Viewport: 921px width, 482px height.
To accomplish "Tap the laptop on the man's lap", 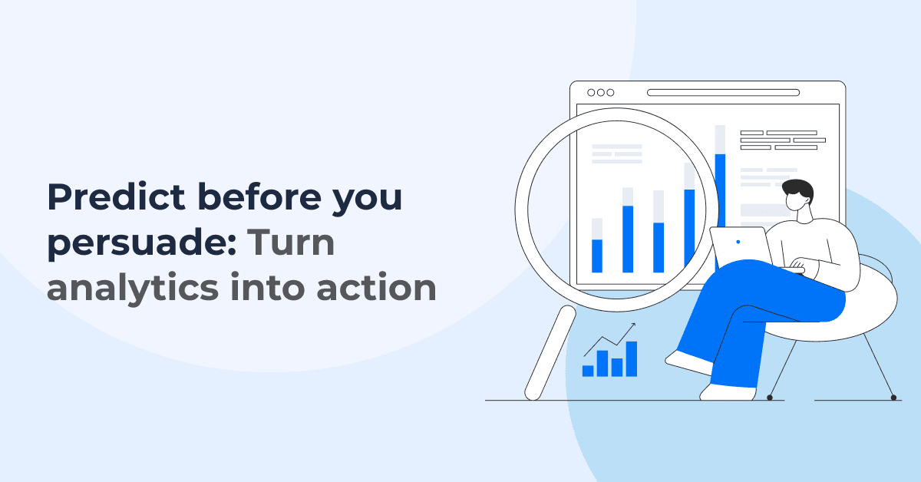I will [x=740, y=246].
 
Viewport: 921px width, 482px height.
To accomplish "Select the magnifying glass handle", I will [x=550, y=352].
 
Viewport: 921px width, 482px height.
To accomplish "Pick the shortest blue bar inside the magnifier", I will [x=597, y=255].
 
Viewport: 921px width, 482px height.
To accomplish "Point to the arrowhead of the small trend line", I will [x=633, y=325].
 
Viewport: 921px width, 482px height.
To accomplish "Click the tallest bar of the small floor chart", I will [x=631, y=358].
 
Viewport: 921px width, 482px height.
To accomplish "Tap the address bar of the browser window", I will [x=722, y=92].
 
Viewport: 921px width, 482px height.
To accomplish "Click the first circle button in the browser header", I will [x=591, y=92].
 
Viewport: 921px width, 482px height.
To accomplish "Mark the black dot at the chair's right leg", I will [x=893, y=398].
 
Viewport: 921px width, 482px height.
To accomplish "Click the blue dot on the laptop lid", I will [x=738, y=242].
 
